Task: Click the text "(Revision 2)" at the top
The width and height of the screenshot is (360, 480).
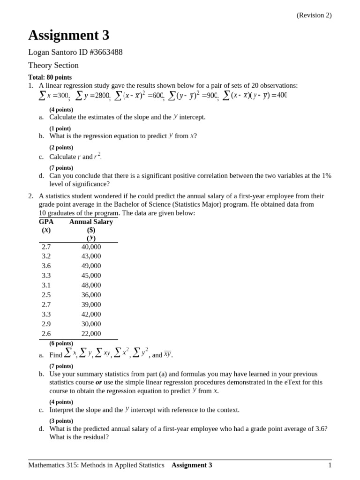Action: click(314, 15)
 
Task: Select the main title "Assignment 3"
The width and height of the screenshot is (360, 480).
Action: click(68, 35)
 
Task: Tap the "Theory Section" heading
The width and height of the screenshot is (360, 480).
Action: click(53, 65)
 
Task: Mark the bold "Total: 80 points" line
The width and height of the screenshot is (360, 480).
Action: click(50, 77)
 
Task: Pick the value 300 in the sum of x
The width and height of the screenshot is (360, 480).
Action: click(60, 96)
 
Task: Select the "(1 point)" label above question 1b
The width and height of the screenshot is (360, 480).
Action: click(60, 128)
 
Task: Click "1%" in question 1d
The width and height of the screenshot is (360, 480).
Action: click(326, 176)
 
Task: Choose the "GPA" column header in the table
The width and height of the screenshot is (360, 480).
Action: click(46, 222)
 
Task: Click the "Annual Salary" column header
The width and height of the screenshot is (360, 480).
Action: click(91, 222)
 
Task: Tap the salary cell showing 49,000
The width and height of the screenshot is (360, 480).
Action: click(91, 266)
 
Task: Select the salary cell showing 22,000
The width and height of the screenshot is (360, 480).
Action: click(91, 334)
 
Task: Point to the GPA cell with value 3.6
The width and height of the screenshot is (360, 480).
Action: click(46, 266)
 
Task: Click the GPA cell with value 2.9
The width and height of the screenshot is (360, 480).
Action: click(46, 324)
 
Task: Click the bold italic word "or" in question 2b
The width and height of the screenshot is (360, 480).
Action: click(99, 382)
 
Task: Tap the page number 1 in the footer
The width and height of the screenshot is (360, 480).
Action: click(330, 465)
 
